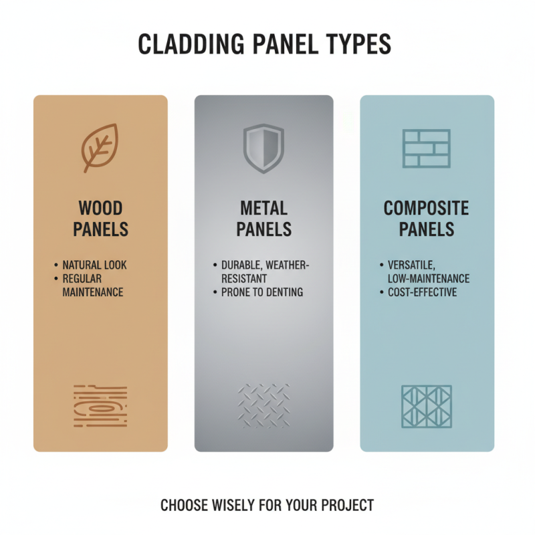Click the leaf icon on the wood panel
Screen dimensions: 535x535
[100, 148]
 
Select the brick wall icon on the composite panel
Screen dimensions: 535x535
[427, 148]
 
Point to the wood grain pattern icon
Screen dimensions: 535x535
[100, 406]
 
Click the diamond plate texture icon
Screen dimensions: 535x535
[263, 406]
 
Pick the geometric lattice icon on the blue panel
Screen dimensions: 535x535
[427, 406]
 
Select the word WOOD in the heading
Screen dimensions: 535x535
[100, 207]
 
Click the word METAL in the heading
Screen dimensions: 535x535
[263, 207]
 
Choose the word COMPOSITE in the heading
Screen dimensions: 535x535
[427, 207]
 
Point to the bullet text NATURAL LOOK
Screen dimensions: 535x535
[94, 265]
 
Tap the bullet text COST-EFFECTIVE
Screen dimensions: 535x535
[423, 292]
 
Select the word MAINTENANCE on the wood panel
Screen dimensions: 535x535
[93, 292]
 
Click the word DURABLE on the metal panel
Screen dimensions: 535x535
[237, 265]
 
